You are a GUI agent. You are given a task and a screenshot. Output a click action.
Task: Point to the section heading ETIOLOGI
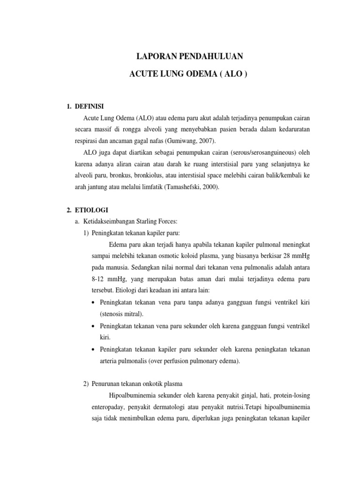tap(91, 210)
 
